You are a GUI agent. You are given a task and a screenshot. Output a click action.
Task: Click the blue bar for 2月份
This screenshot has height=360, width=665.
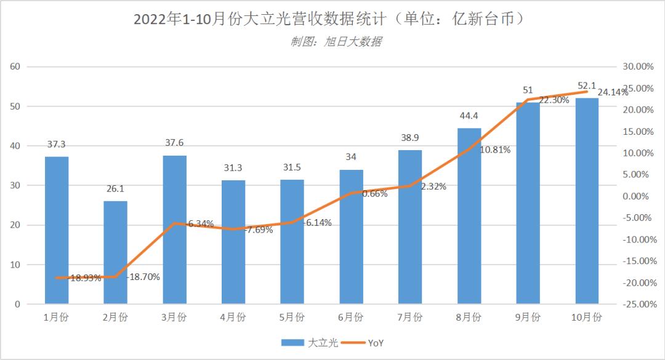tap(115, 252)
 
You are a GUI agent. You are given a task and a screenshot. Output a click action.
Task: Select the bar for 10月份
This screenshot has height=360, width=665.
tap(586, 201)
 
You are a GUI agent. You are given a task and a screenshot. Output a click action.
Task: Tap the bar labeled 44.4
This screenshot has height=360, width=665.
tap(469, 216)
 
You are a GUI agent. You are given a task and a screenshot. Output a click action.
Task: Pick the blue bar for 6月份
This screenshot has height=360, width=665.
tap(351, 237)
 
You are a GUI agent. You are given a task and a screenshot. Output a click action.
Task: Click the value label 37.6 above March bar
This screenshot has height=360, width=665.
tap(174, 143)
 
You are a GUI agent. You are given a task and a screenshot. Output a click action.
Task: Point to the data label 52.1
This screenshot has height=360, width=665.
tap(586, 86)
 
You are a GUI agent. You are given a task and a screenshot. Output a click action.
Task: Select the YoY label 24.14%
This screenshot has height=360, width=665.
tap(613, 92)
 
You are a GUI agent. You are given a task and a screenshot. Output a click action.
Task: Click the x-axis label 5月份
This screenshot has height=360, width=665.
tap(292, 318)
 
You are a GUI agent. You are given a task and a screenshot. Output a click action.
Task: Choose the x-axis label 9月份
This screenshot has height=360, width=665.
tap(528, 318)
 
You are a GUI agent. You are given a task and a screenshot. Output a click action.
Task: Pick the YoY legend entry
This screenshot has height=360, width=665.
tap(366, 343)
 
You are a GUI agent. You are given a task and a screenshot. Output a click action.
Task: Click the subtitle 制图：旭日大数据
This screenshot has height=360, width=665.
tap(336, 42)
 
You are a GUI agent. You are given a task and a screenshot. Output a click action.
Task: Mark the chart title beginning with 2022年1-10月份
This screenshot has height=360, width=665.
tap(332, 20)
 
